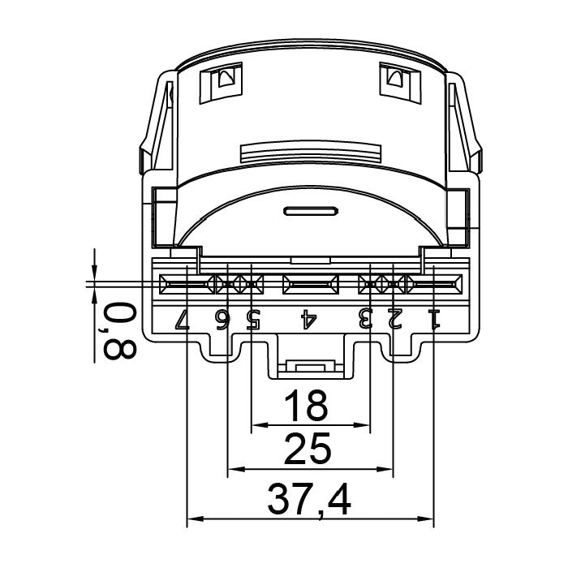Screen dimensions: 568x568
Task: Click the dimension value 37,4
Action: pos(309,501)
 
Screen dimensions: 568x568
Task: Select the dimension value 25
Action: pos(308,450)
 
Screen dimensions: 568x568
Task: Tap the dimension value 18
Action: pos(306,406)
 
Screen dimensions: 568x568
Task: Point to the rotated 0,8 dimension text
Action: pos(118,330)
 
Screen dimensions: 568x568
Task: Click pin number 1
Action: pos(434,319)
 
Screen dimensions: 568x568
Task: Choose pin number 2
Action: pos(395,319)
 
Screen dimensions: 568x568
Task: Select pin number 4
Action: pos(308,319)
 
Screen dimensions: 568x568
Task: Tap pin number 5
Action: pos(253,319)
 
